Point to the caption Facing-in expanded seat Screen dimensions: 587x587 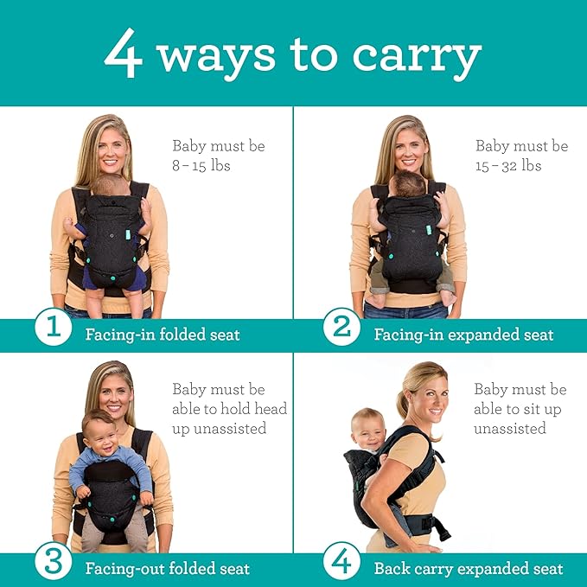(463, 335)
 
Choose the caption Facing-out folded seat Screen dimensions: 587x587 (167, 569)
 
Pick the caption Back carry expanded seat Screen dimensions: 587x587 (468, 569)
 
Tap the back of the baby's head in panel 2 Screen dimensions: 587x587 (410, 184)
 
